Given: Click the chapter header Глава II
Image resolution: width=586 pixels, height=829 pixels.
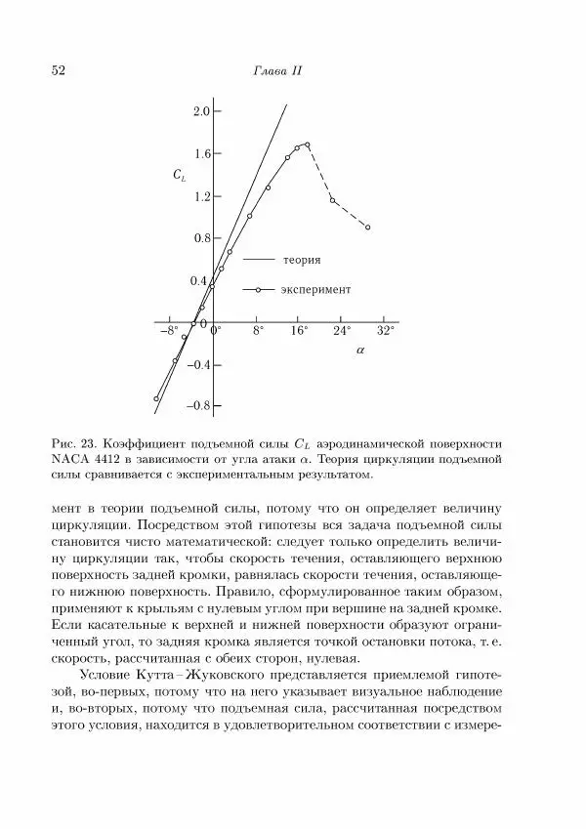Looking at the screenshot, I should click(276, 71).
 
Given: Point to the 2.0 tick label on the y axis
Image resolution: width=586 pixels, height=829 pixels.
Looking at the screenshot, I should click(200, 111).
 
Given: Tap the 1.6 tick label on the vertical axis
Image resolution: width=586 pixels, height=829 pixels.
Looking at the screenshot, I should click(200, 154).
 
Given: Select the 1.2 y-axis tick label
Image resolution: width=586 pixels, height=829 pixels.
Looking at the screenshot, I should click(200, 196).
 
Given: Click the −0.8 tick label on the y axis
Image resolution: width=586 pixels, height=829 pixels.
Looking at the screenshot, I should click(196, 405).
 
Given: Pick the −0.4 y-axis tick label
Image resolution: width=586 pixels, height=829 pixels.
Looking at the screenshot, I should click(196, 364).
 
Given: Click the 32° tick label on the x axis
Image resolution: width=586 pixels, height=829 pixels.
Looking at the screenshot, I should click(386, 331).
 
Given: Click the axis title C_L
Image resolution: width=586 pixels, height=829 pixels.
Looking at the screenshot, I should click(180, 176).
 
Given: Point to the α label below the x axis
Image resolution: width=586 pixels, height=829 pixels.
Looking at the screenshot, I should click(360, 349).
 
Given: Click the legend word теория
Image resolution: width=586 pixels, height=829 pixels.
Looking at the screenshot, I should click(303, 261).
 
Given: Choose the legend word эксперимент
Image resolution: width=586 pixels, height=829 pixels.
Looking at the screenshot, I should click(317, 290).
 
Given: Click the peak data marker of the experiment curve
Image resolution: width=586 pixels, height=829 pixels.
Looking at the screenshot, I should click(308, 145).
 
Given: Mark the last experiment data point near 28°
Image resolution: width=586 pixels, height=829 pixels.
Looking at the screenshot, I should click(367, 228).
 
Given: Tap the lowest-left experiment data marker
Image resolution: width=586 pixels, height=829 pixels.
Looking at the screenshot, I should click(156, 398).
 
